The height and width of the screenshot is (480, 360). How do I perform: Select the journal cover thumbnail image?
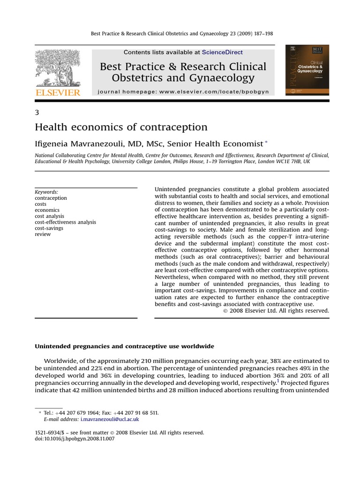(x=307, y=70)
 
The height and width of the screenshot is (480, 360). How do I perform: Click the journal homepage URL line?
(x=183, y=92)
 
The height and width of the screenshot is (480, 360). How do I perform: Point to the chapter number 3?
(x=37, y=112)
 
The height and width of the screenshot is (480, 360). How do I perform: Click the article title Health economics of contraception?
(x=121, y=127)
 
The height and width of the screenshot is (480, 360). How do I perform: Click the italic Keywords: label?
(x=47, y=192)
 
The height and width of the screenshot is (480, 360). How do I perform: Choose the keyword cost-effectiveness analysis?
(x=66, y=222)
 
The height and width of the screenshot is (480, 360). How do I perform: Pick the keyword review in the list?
(x=43, y=234)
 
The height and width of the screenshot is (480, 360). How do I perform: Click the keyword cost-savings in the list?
(x=49, y=228)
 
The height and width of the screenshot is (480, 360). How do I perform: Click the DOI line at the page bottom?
(x=75, y=439)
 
